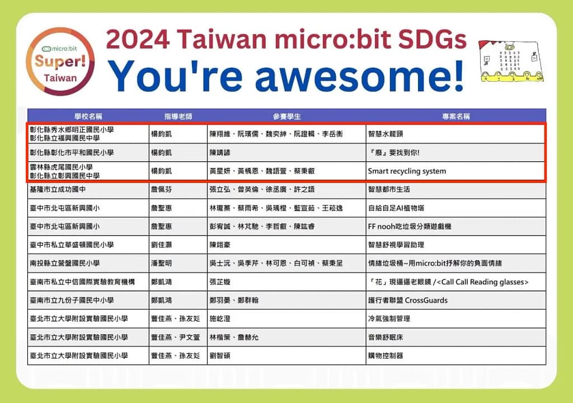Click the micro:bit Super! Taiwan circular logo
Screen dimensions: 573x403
point(60,62)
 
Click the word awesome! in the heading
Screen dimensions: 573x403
point(360,76)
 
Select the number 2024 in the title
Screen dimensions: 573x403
point(138,39)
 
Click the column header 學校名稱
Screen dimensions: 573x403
point(88,116)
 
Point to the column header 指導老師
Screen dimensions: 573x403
point(178,116)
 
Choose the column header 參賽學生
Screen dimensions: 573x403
point(286,116)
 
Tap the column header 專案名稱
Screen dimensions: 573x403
point(455,116)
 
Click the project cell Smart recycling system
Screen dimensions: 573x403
point(407,171)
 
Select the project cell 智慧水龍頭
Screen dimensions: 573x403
point(386,134)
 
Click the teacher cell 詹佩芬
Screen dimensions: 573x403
point(161,189)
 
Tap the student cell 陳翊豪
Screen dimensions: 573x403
point(219,245)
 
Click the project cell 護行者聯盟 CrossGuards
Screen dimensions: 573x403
point(407,300)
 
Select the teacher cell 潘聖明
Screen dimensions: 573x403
point(161,263)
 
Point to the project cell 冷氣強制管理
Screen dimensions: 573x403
point(389,318)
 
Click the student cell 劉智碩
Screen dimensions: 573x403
point(219,355)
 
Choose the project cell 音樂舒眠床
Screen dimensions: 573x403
point(386,337)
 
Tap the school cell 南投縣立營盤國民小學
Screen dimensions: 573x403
point(65,263)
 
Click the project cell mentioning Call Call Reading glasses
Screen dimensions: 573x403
point(448,282)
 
